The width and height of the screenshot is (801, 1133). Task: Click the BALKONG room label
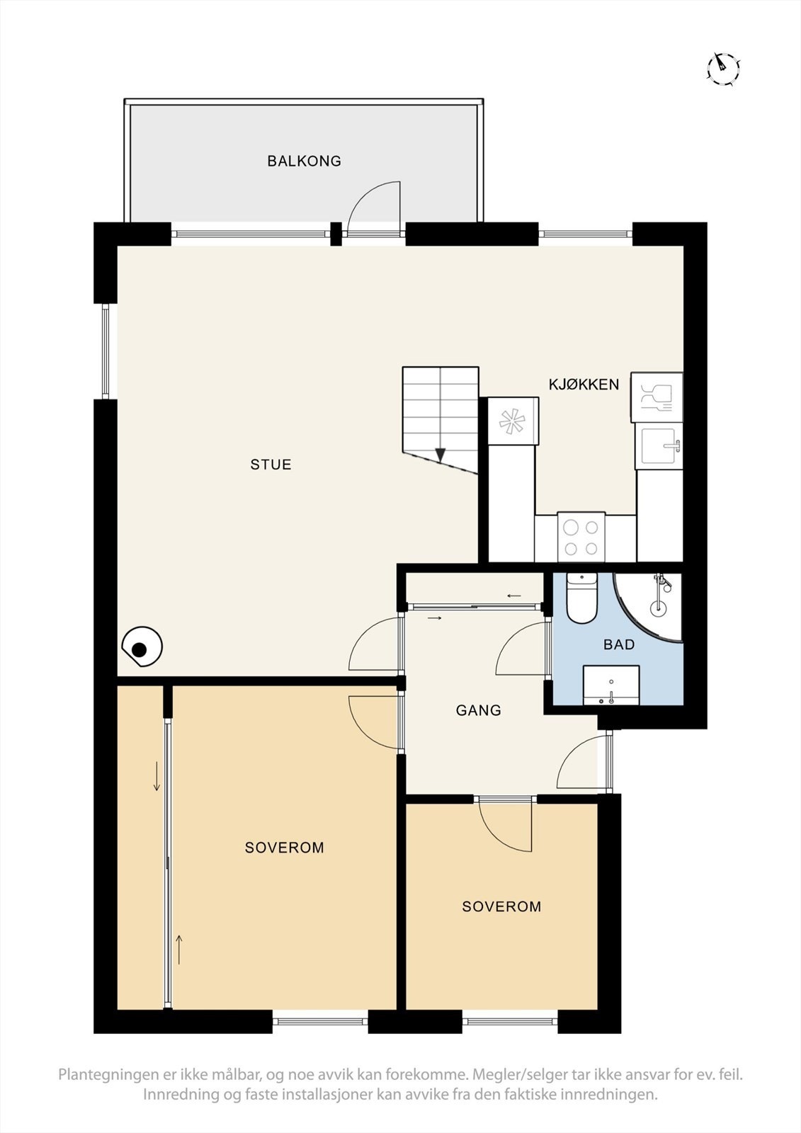coord(304,161)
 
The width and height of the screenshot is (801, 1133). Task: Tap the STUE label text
coord(271,465)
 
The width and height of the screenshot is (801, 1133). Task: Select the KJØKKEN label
coord(584,385)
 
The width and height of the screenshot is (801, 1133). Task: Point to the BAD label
coord(619,644)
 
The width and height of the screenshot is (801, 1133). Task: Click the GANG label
coord(478,710)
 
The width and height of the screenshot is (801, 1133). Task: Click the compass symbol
coord(722,67)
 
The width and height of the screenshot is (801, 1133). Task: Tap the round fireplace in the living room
coord(142,647)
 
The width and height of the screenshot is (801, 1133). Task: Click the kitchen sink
coord(659,445)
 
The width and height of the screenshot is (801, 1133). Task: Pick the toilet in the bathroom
coord(581,598)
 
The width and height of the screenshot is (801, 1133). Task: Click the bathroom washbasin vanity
coord(611,685)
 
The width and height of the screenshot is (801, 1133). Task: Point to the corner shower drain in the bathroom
coord(658,606)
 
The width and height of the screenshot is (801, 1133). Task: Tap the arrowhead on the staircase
coord(441,455)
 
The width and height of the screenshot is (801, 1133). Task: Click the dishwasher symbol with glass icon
coord(657,397)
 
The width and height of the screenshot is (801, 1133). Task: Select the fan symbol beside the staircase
coord(512,421)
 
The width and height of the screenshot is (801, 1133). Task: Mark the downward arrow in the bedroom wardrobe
coord(157,776)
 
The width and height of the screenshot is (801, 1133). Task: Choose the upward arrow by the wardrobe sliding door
coord(178,950)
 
